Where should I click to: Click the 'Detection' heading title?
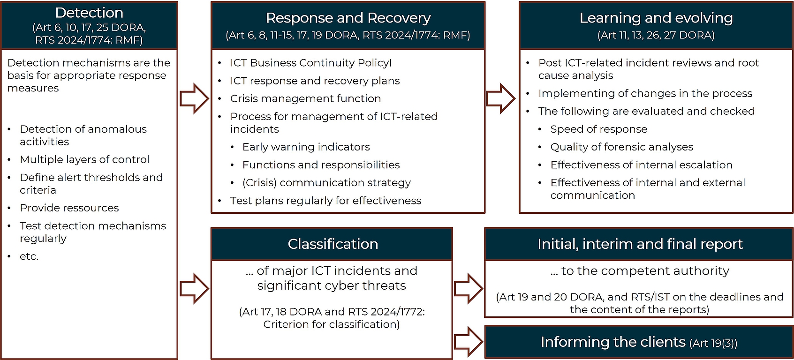click(x=89, y=13)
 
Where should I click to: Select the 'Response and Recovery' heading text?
click(x=348, y=18)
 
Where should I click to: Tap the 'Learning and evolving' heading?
click(x=656, y=18)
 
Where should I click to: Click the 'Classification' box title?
click(x=333, y=244)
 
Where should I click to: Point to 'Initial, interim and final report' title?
click(x=640, y=244)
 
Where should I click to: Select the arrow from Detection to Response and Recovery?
click(x=194, y=98)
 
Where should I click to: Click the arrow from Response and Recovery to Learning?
click(x=500, y=98)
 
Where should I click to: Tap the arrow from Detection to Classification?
click(x=194, y=289)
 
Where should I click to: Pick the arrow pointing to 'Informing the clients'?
click(x=469, y=342)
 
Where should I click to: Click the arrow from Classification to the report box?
click(x=469, y=289)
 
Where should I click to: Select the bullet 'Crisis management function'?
click(x=305, y=98)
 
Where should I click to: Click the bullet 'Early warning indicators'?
click(x=306, y=147)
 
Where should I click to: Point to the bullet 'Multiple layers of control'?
click(x=84, y=159)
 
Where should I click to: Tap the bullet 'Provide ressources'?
click(x=69, y=208)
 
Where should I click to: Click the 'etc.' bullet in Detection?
click(x=29, y=256)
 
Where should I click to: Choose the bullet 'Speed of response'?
click(x=598, y=129)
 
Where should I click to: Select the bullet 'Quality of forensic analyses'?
click(x=621, y=147)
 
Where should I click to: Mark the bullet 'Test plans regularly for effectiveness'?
click(x=325, y=201)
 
